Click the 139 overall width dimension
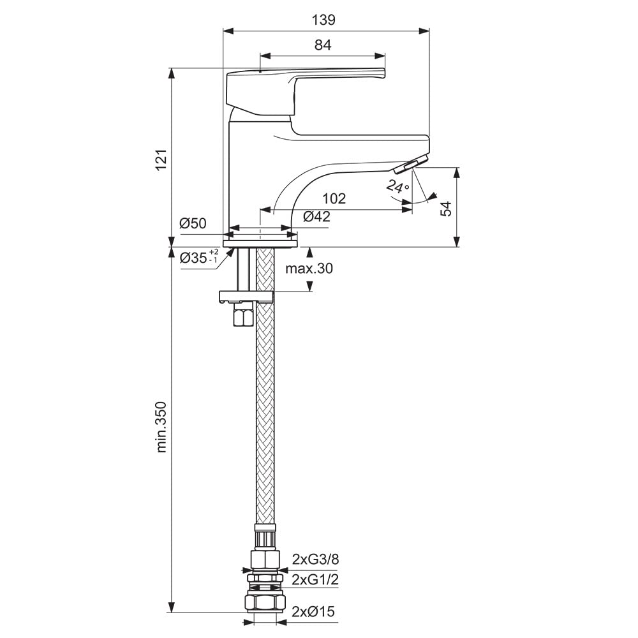click(323, 20)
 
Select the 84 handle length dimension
click(323, 45)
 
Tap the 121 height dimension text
click(161, 160)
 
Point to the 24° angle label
click(397, 186)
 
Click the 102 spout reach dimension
click(334, 198)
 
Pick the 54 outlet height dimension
click(447, 209)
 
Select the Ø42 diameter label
click(316, 217)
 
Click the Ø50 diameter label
click(193, 223)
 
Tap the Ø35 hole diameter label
click(199, 257)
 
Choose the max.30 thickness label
click(309, 269)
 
